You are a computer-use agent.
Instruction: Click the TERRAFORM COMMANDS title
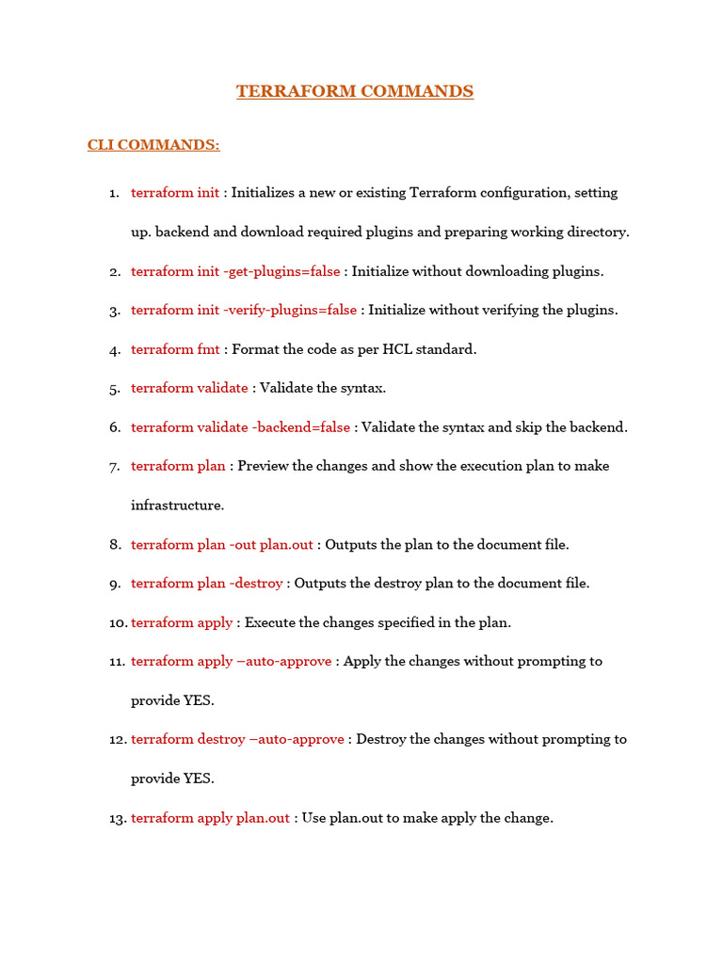[x=355, y=91]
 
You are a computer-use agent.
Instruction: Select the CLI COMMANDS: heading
[x=153, y=145]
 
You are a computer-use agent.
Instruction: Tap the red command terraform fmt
[x=175, y=349]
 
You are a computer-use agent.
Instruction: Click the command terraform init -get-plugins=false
[x=235, y=271]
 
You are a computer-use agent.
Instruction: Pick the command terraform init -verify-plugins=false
[x=244, y=310]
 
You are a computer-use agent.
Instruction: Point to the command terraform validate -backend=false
[x=240, y=427]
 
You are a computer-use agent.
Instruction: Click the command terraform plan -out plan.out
[x=223, y=544]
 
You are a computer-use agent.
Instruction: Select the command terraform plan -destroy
[x=206, y=584]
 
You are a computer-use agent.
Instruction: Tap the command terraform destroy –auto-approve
[x=237, y=739]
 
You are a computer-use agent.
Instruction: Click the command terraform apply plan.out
[x=210, y=818]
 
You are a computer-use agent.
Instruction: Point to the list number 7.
[x=115, y=467]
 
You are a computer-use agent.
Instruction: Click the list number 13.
[x=118, y=819]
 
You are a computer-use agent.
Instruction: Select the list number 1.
[x=114, y=193]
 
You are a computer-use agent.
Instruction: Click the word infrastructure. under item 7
[x=178, y=506]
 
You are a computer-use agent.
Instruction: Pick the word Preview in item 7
[x=264, y=466]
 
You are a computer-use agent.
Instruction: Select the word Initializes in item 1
[x=265, y=193]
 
